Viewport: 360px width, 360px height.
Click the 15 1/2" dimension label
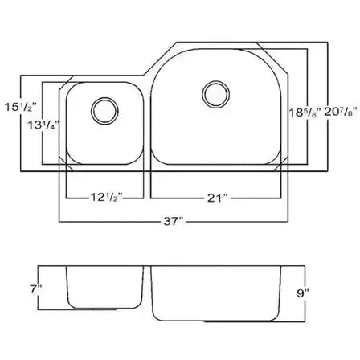[x=20, y=107]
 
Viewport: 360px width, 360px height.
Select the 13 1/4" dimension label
[x=43, y=125]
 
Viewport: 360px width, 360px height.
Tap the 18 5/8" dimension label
[x=305, y=112]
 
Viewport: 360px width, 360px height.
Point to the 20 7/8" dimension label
[x=342, y=112]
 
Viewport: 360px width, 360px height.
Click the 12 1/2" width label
[x=106, y=198]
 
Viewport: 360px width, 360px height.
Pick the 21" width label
[x=217, y=198]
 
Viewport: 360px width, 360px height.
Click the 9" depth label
[x=303, y=293]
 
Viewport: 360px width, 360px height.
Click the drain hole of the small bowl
[x=104, y=111]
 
